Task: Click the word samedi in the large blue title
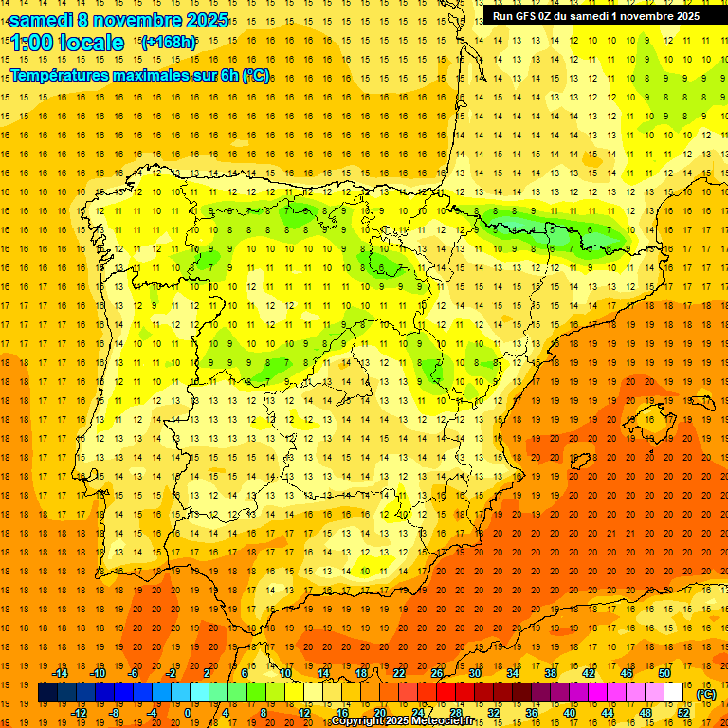pyautogui.click(x=41, y=20)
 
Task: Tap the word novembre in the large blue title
pyautogui.click(x=133, y=20)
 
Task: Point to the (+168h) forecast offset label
pyautogui.click(x=168, y=42)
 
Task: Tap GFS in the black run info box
pyautogui.click(x=526, y=15)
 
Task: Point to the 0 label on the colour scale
pyautogui.click(x=187, y=712)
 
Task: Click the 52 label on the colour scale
pyautogui.click(x=682, y=712)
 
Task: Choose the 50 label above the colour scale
pyautogui.click(x=664, y=673)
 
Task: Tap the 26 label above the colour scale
pyautogui.click(x=437, y=673)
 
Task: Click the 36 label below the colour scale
pyautogui.click(x=531, y=712)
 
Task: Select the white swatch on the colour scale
pyautogui.click(x=673, y=692)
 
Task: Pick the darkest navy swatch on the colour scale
pyautogui.click(x=47, y=692)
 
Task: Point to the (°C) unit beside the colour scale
pyautogui.click(x=706, y=694)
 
